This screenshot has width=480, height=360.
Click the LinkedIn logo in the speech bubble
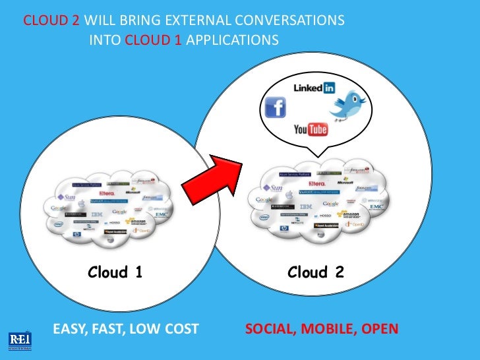coord(314,88)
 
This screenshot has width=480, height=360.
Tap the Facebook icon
coord(274,107)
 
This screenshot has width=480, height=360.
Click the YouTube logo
coord(311,129)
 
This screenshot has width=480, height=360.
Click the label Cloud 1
coord(115,272)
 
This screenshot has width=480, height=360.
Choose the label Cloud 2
coord(315,272)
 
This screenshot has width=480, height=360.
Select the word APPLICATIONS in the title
coord(232,40)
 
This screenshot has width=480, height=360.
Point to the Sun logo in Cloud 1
coord(66,196)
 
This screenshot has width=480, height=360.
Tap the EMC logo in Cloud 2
coord(376,207)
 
